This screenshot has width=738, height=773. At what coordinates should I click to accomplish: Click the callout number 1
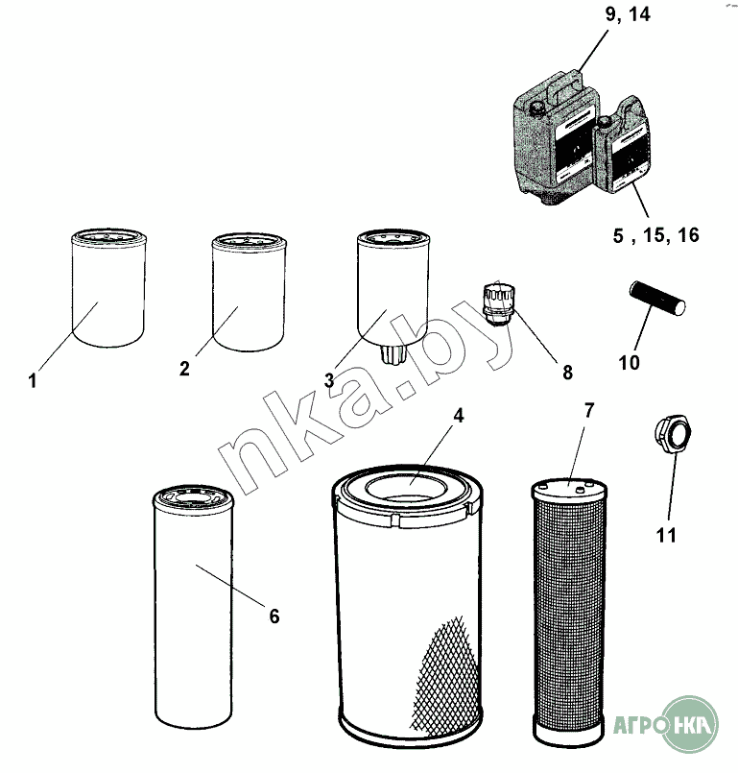tap(33, 380)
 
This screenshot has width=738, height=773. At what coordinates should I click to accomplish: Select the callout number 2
tap(184, 369)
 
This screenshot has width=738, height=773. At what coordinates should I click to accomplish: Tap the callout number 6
tap(274, 616)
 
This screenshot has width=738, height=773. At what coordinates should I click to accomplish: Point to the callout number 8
tap(567, 373)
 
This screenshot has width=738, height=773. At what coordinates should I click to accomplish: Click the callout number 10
tap(629, 362)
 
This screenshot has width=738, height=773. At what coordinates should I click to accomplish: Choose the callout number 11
tap(666, 535)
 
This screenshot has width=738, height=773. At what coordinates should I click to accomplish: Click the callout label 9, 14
tap(628, 14)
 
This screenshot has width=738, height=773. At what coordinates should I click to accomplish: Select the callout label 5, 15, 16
tap(655, 235)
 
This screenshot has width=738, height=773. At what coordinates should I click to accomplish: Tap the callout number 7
tap(589, 410)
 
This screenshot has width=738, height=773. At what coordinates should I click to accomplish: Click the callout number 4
tap(458, 416)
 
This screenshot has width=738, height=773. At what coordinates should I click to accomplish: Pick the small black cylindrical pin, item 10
tap(657, 298)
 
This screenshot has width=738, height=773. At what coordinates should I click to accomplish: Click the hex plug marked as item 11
tap(673, 435)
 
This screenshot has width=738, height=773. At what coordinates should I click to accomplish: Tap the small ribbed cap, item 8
tap(498, 303)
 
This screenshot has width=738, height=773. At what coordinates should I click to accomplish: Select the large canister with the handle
tap(556, 138)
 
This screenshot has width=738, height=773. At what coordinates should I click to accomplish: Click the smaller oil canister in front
tap(621, 145)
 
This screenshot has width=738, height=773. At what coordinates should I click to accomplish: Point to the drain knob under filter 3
tap(393, 354)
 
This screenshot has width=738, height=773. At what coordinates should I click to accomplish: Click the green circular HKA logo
tap(689, 724)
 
